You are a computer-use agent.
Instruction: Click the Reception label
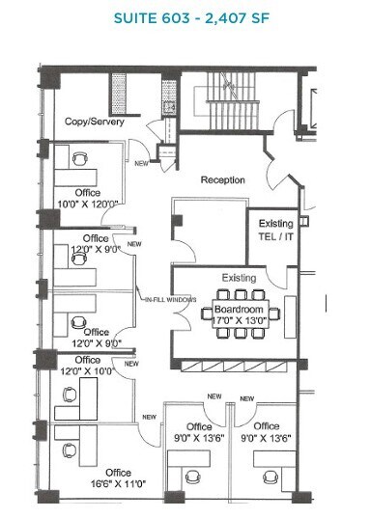click(222, 180)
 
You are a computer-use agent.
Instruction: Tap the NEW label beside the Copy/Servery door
click(141, 163)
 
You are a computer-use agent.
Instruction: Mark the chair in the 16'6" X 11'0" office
click(69, 450)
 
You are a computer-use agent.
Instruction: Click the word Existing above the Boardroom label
click(240, 278)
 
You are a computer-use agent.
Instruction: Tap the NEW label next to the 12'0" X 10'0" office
click(149, 417)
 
